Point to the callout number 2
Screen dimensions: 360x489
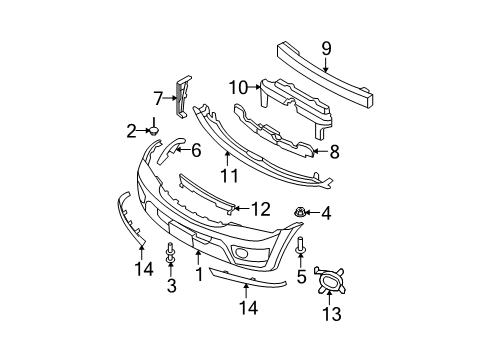tap(131, 129)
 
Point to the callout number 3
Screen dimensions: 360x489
tap(170, 286)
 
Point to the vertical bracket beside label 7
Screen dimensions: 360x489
tap(182, 96)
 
